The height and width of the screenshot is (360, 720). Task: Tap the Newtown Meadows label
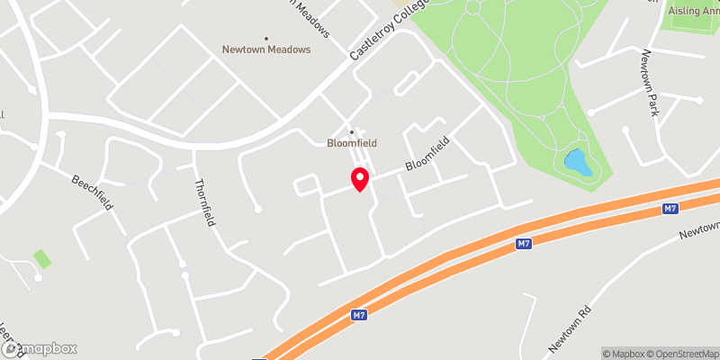coord(266,50)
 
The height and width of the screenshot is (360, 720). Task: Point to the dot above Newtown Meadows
coord(266,38)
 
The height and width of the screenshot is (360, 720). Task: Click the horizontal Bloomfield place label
coord(351,142)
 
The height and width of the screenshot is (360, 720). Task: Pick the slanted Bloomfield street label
coord(427,154)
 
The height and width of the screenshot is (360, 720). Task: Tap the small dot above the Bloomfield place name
coord(352,130)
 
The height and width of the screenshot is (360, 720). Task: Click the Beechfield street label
coord(92,192)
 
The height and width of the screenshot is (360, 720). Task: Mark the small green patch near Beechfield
coord(42,259)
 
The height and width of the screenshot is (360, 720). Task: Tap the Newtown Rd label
coord(571,328)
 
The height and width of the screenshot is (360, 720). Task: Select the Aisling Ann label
coord(693,11)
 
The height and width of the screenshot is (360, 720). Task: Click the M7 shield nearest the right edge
coord(669,209)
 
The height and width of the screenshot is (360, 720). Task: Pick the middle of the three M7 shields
coord(525,244)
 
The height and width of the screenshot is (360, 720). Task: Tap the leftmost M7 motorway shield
coord(359,315)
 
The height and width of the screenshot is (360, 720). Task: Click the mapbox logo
coord(39,348)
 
